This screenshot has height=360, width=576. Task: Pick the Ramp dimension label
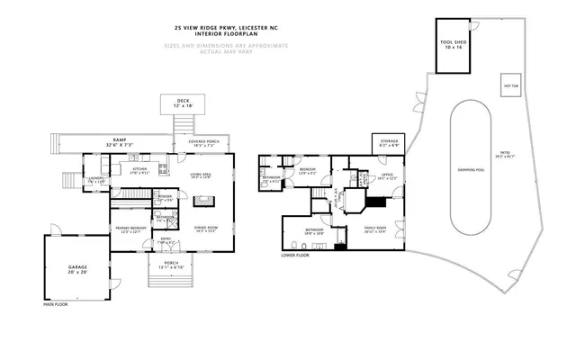[x=119, y=142]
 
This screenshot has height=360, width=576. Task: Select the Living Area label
[x=199, y=176]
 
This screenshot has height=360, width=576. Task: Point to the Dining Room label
[x=206, y=229]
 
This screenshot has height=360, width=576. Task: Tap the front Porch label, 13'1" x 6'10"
[x=172, y=265]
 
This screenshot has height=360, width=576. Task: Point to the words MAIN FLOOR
[x=56, y=304]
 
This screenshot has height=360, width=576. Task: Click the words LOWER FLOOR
[x=295, y=255]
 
